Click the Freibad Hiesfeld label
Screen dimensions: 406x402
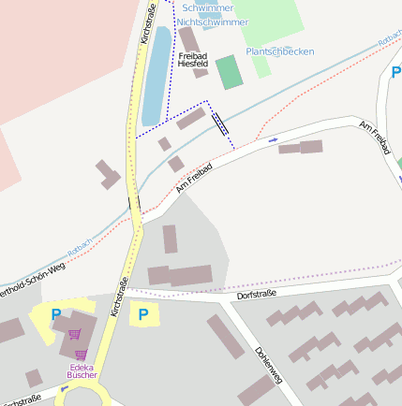(x=192, y=61)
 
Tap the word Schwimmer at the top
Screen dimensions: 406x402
(x=208, y=7)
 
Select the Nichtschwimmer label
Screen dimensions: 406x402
(x=213, y=22)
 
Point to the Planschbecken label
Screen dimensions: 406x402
(x=279, y=51)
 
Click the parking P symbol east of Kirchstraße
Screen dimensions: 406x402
(x=143, y=314)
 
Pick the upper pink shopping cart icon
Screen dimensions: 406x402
(x=75, y=333)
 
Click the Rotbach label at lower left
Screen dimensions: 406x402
(x=79, y=249)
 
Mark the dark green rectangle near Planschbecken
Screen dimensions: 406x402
(x=228, y=73)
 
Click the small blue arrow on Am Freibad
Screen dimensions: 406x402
(x=273, y=140)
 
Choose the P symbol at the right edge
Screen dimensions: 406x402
(x=395, y=73)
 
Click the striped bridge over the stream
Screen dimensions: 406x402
(x=220, y=123)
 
